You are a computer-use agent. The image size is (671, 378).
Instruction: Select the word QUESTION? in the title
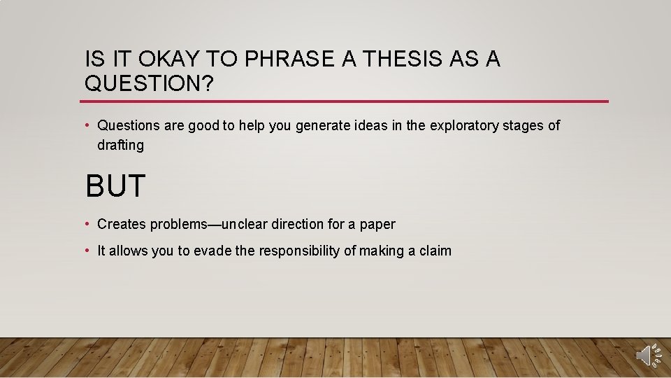(x=149, y=84)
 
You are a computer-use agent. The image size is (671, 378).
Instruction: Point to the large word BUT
(x=115, y=186)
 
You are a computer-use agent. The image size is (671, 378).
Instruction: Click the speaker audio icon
(x=647, y=355)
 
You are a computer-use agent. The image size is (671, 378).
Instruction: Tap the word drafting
(x=121, y=146)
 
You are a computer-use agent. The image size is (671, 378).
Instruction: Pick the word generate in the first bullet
(x=322, y=126)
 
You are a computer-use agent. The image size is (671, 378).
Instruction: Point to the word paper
(x=377, y=225)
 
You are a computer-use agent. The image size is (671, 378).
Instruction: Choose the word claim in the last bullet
(x=434, y=251)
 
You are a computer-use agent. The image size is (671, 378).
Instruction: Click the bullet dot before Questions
(x=88, y=126)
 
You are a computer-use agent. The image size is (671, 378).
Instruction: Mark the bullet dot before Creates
(x=88, y=225)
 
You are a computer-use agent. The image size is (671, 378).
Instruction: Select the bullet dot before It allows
(x=88, y=251)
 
